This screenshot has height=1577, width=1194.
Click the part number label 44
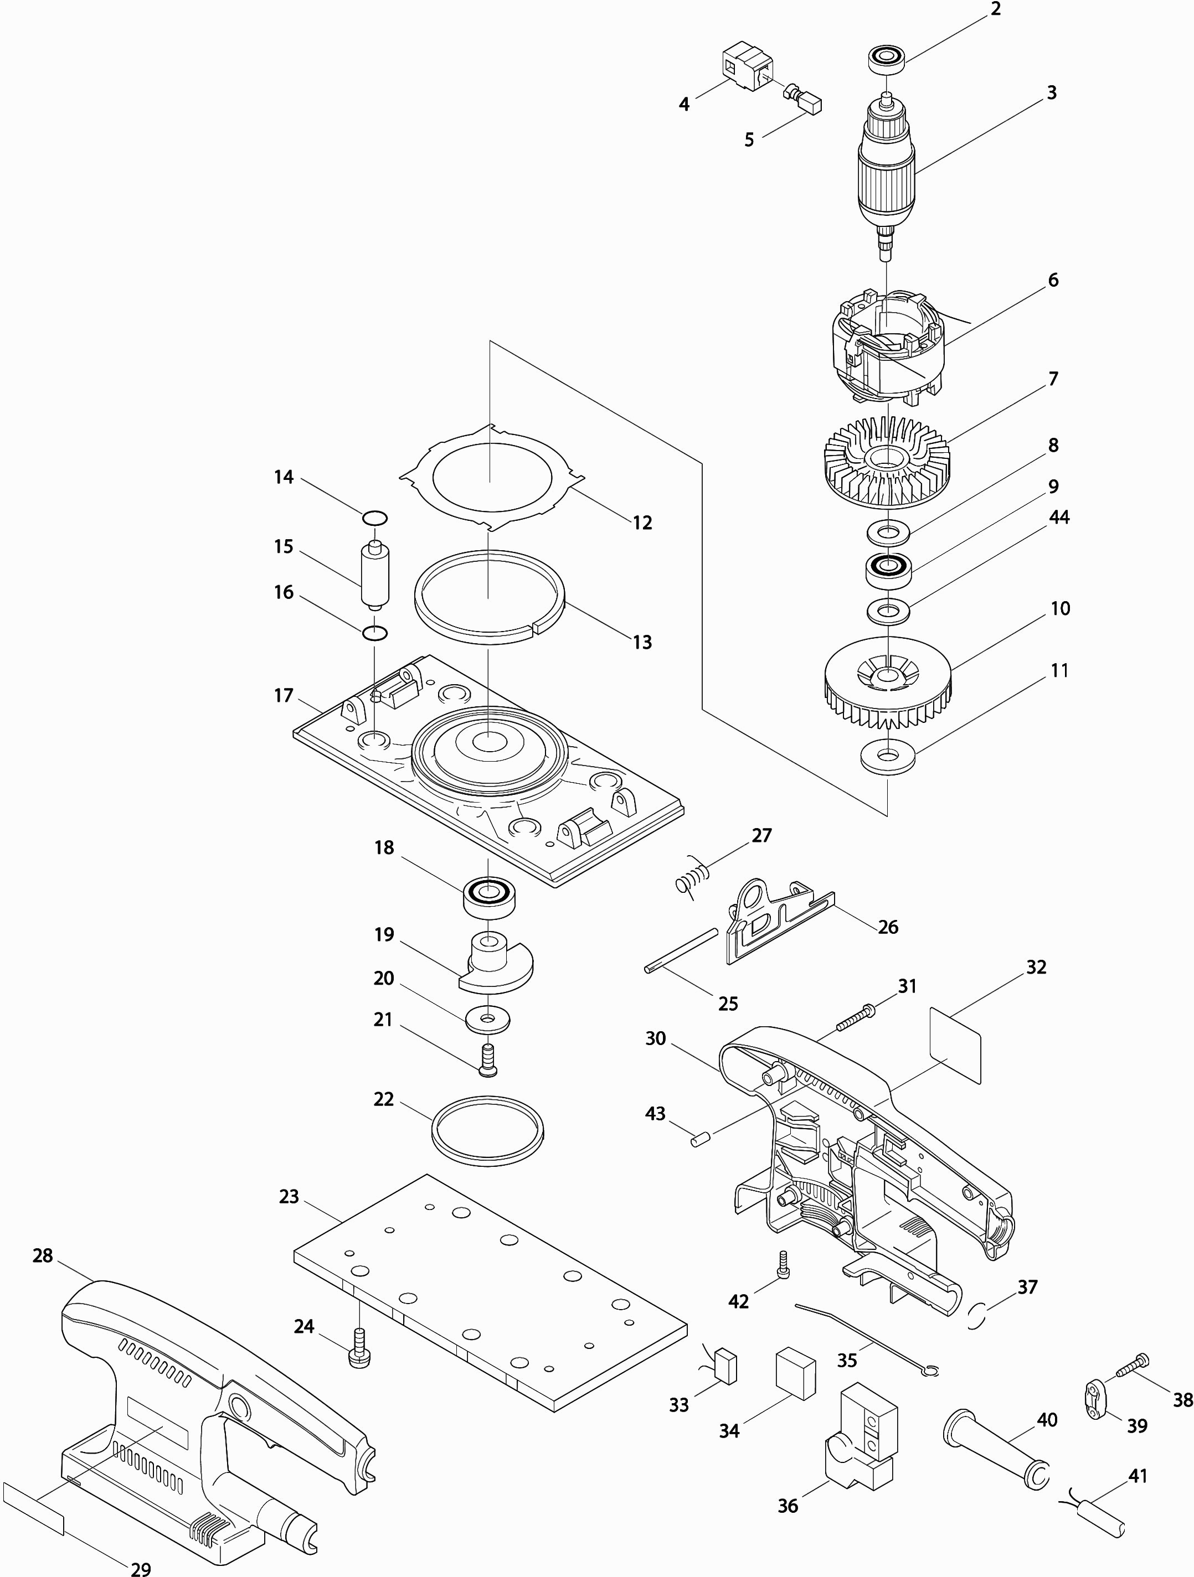coord(1059,518)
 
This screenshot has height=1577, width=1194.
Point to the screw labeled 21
coord(488,1059)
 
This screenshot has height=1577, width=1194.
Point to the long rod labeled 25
coord(681,950)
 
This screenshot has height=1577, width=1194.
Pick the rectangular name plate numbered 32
coord(956,1046)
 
